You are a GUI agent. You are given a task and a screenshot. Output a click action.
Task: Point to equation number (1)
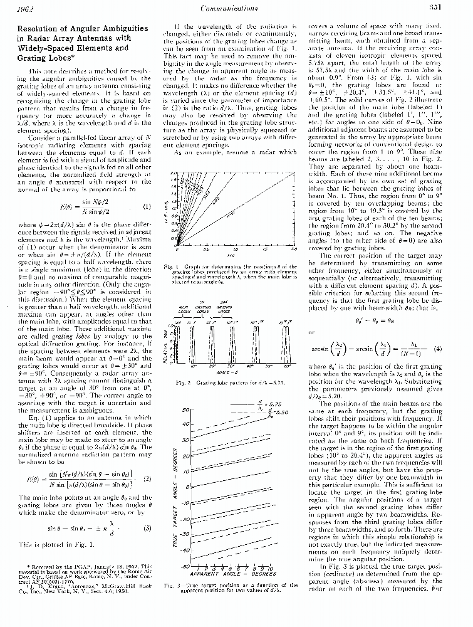pyautogui.click(x=147, y=206)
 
